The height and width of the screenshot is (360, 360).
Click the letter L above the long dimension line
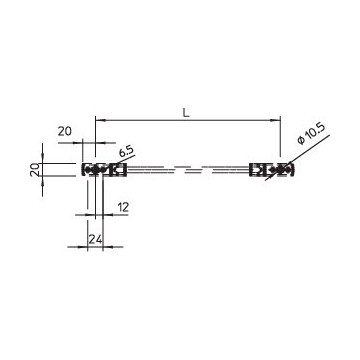[186, 113]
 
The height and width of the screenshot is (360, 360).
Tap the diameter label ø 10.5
[311, 134]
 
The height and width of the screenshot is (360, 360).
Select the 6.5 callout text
[125, 152]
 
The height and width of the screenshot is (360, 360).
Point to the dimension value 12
[123, 207]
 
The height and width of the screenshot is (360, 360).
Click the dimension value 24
[95, 239]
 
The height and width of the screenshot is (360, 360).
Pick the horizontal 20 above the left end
[65, 131]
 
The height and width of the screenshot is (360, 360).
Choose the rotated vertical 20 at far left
[35, 170]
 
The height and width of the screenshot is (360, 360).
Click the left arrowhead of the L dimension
[100, 120]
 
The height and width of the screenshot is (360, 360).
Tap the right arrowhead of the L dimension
[276, 120]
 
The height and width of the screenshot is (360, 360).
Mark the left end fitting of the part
[104, 170]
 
